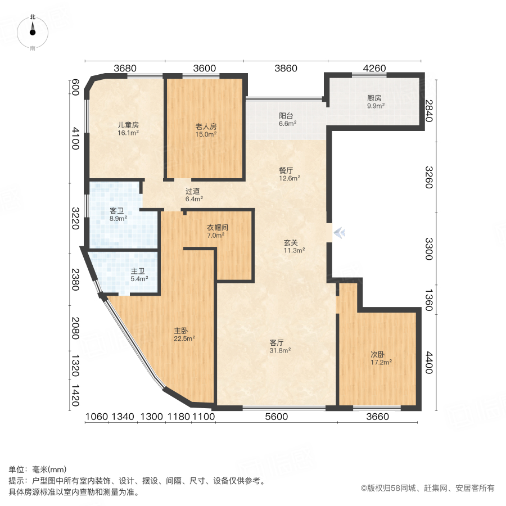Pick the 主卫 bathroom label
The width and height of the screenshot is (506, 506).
[x=139, y=270]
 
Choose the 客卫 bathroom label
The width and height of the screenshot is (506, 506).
[x=118, y=211]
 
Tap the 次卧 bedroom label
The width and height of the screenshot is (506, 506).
[x=377, y=354]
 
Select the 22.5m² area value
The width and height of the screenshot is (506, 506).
[x=184, y=338]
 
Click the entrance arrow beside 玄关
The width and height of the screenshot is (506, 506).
[x=338, y=232]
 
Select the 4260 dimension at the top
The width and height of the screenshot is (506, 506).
[x=374, y=69]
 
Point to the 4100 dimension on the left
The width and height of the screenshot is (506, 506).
[x=74, y=139]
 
